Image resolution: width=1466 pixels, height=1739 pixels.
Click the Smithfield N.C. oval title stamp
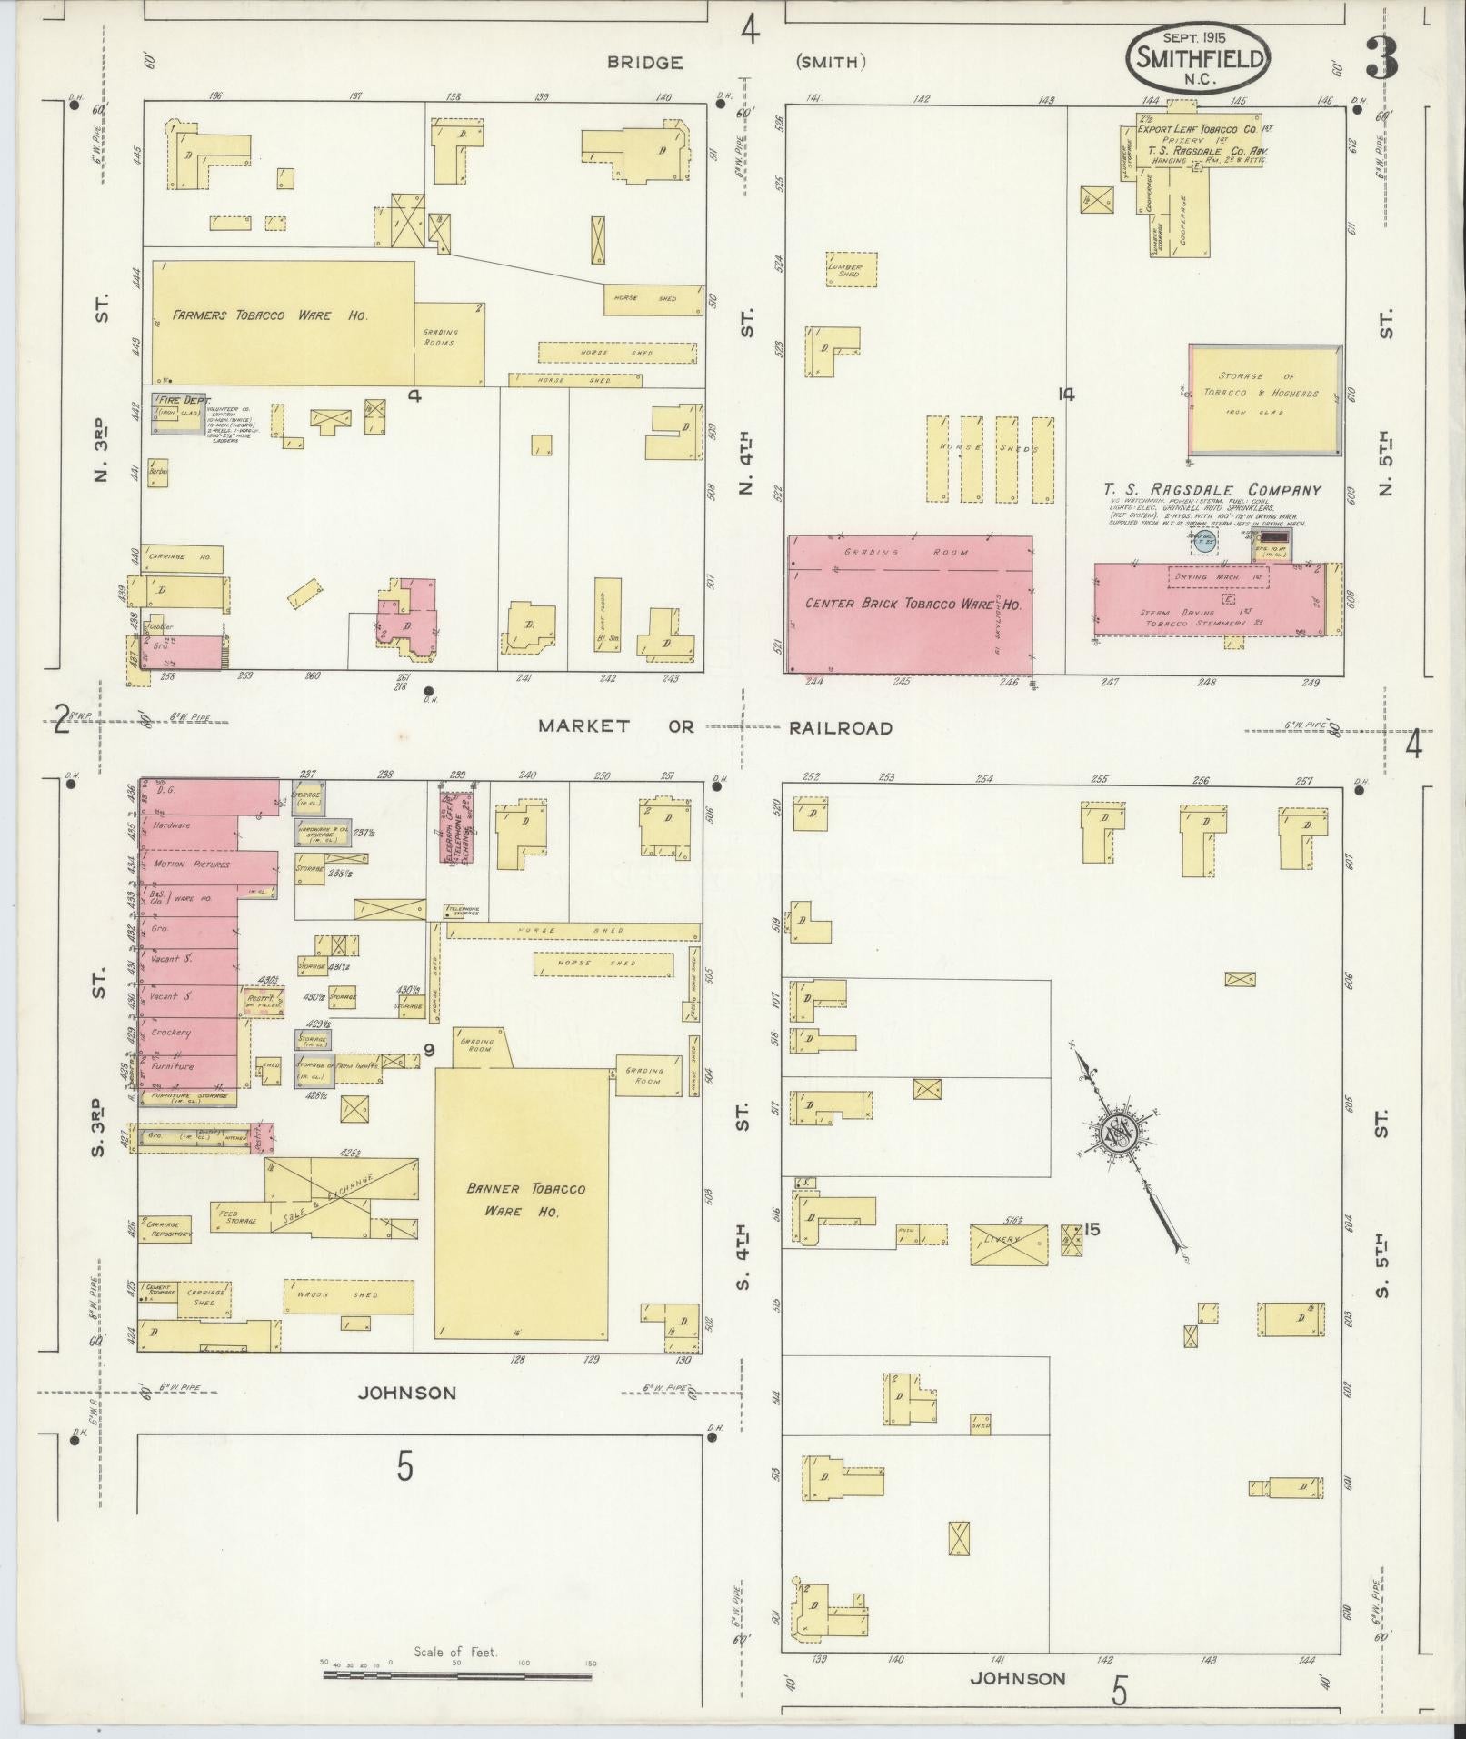coord(1197,56)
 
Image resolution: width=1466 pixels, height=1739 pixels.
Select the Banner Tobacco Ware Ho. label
coord(525,1199)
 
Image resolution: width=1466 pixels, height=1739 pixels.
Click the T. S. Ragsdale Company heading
coord(1212,490)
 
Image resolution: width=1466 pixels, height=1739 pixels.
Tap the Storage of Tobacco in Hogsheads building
coord(1264,398)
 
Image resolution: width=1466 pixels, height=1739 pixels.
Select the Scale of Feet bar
coord(457,1674)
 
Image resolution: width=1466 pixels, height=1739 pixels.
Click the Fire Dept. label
coord(184,400)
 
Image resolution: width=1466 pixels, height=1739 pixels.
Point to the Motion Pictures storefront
coord(193,865)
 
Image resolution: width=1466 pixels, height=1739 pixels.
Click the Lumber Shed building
coord(852,269)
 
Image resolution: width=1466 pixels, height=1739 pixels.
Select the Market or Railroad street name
coord(714,727)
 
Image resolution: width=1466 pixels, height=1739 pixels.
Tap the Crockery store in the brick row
coord(172,1033)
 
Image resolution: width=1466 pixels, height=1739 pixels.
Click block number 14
coord(1066,394)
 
